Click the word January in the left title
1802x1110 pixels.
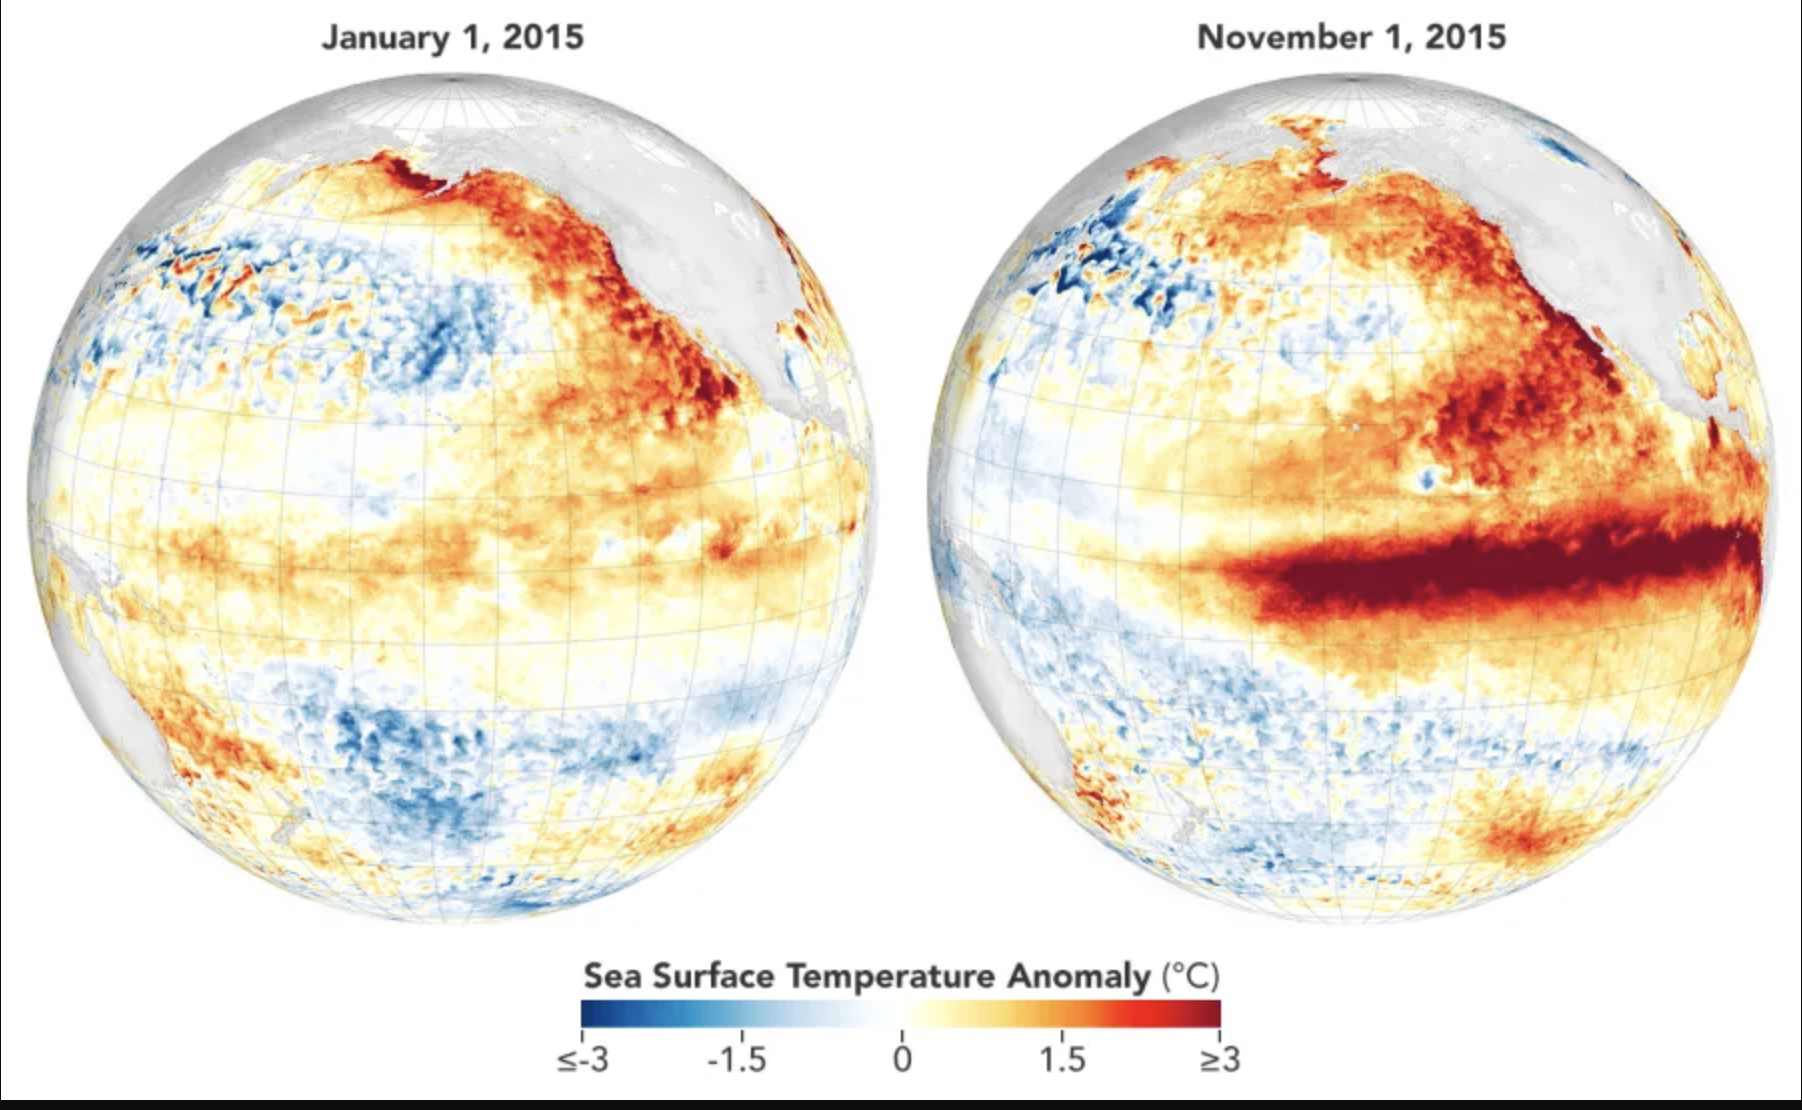(x=385, y=38)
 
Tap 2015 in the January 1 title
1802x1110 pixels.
(x=543, y=37)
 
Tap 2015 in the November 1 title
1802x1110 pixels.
(x=1465, y=37)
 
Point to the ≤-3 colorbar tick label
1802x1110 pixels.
(x=583, y=1059)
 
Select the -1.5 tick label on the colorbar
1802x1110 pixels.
(x=737, y=1059)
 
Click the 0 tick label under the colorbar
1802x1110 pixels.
(x=902, y=1059)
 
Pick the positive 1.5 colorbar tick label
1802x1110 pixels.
(x=1062, y=1059)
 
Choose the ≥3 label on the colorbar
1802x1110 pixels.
(x=1220, y=1059)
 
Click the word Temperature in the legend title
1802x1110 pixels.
(x=892, y=976)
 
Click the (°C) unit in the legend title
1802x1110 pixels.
(x=1190, y=976)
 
